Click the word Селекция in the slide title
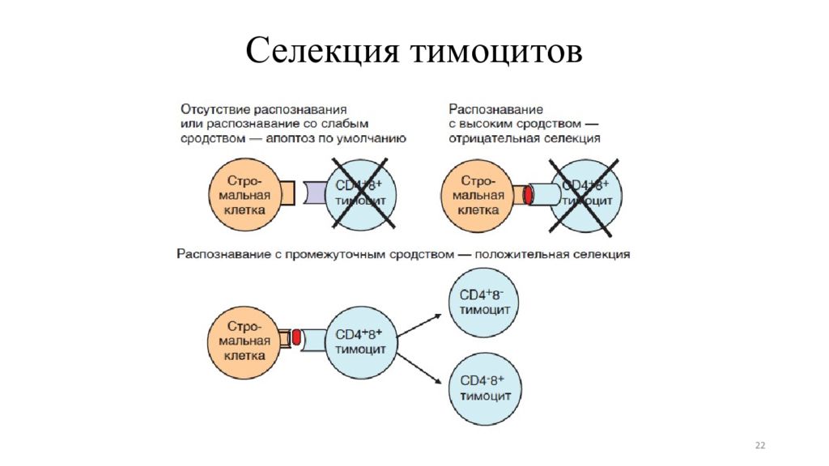tap(322, 51)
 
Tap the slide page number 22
tap(759, 446)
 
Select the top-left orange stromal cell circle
tap(242, 194)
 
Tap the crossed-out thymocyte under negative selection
tap(585, 194)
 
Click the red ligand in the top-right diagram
tap(528, 195)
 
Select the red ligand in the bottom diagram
tap(297, 339)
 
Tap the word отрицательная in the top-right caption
tap(493, 138)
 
